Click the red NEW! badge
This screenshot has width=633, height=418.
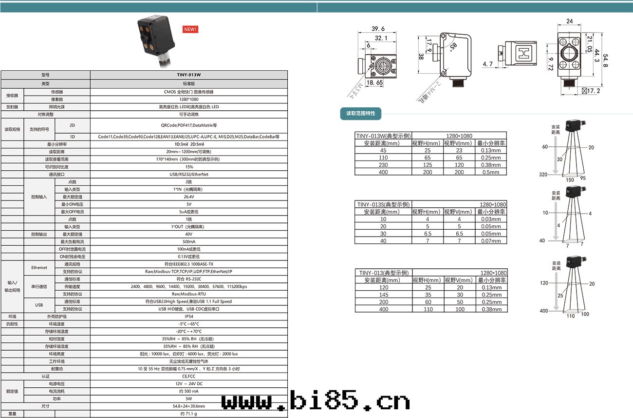190,29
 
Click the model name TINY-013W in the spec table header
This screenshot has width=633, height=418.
189,75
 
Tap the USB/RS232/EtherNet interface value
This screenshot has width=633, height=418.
189,174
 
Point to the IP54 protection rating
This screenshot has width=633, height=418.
189,317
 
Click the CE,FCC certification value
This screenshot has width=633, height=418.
189,376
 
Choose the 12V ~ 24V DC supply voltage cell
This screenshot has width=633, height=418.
189,384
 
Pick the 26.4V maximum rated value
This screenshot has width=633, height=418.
189,197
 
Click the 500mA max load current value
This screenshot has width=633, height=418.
189,241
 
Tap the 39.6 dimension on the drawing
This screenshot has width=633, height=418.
378,29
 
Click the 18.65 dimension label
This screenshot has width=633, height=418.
374,83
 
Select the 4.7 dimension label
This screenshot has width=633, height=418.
488,64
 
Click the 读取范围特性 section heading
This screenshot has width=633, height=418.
361,114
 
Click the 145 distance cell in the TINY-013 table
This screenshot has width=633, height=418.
383,295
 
